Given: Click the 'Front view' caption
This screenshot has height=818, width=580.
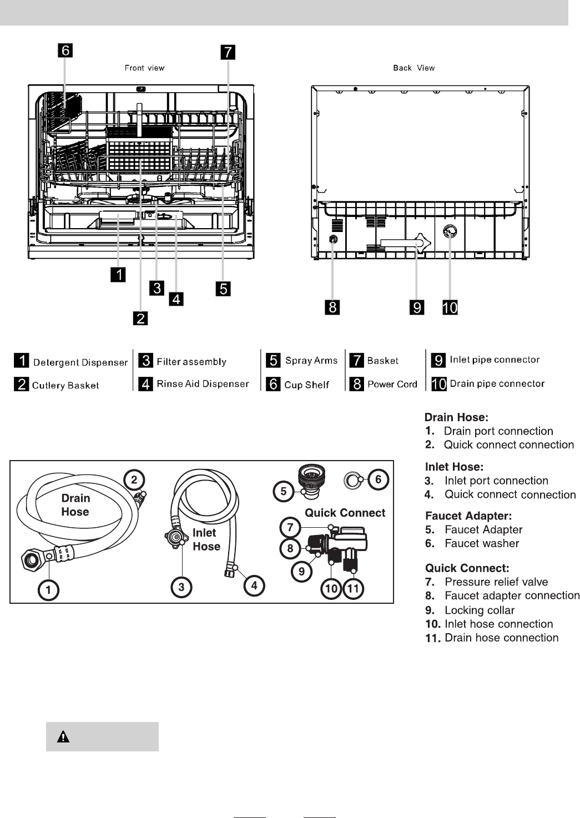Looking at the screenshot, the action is click(144, 68).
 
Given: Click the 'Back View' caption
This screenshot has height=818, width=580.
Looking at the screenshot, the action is click(414, 68).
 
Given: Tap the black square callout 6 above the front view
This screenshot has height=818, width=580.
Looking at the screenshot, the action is click(65, 51).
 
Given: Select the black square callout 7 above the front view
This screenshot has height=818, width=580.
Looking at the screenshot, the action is click(228, 52).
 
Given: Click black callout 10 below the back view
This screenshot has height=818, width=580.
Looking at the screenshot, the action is click(450, 307).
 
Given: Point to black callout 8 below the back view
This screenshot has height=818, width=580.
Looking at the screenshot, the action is click(332, 307).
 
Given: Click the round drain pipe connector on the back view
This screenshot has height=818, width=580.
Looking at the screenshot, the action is click(450, 231).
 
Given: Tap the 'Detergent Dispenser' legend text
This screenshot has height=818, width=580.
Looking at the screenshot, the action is click(80, 362).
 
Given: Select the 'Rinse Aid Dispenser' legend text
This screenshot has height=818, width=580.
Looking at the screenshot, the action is click(203, 384).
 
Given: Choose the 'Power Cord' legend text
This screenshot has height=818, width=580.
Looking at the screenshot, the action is click(392, 384).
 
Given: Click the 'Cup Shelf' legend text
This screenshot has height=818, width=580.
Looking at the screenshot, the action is click(306, 385).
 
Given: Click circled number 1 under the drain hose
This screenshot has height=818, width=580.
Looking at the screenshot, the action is click(48, 590).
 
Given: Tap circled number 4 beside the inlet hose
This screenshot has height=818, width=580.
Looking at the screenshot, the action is click(254, 585).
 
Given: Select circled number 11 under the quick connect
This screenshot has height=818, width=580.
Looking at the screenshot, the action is click(353, 588).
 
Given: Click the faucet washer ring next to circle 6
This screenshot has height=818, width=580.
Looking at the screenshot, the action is click(352, 480).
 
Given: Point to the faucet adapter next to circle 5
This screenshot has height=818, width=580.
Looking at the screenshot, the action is click(310, 482).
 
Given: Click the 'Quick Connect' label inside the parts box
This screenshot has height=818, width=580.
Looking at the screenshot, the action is click(345, 513).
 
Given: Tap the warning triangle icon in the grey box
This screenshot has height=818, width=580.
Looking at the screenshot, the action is click(63, 737).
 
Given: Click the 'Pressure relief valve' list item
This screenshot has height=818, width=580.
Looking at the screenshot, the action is click(496, 582).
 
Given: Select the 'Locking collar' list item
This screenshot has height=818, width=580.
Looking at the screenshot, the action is click(480, 610).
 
